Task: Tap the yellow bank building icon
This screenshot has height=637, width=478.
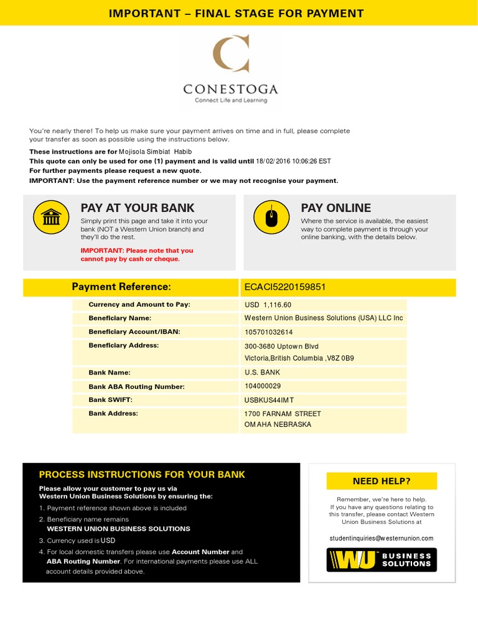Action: coord(50,217)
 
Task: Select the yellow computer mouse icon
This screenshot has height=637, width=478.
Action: coord(271,217)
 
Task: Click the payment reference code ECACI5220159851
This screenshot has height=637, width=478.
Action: coord(285,287)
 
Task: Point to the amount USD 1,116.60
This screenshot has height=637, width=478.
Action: coord(268,305)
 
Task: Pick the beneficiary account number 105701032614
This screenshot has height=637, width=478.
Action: coord(269,332)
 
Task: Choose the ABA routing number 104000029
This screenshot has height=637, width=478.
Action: coord(263,386)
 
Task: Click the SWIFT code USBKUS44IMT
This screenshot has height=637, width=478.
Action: coord(269,400)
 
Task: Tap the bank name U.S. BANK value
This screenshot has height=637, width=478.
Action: coord(263,373)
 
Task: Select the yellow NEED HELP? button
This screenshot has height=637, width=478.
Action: coord(382,481)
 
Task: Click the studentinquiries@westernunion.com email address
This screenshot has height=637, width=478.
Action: coord(382,538)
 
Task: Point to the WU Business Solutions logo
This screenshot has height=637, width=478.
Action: coord(382,560)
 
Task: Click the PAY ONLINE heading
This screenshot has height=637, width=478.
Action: coord(335,208)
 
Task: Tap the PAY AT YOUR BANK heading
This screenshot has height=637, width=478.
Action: coord(138,208)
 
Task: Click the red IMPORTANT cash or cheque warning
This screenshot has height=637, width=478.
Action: coord(137,254)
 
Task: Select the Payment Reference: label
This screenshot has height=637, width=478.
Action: coord(121,287)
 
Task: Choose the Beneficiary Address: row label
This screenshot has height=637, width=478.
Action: coord(124,345)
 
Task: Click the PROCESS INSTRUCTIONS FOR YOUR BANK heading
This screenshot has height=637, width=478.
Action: coord(142,475)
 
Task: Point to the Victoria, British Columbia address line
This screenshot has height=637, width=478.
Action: coord(299,359)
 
